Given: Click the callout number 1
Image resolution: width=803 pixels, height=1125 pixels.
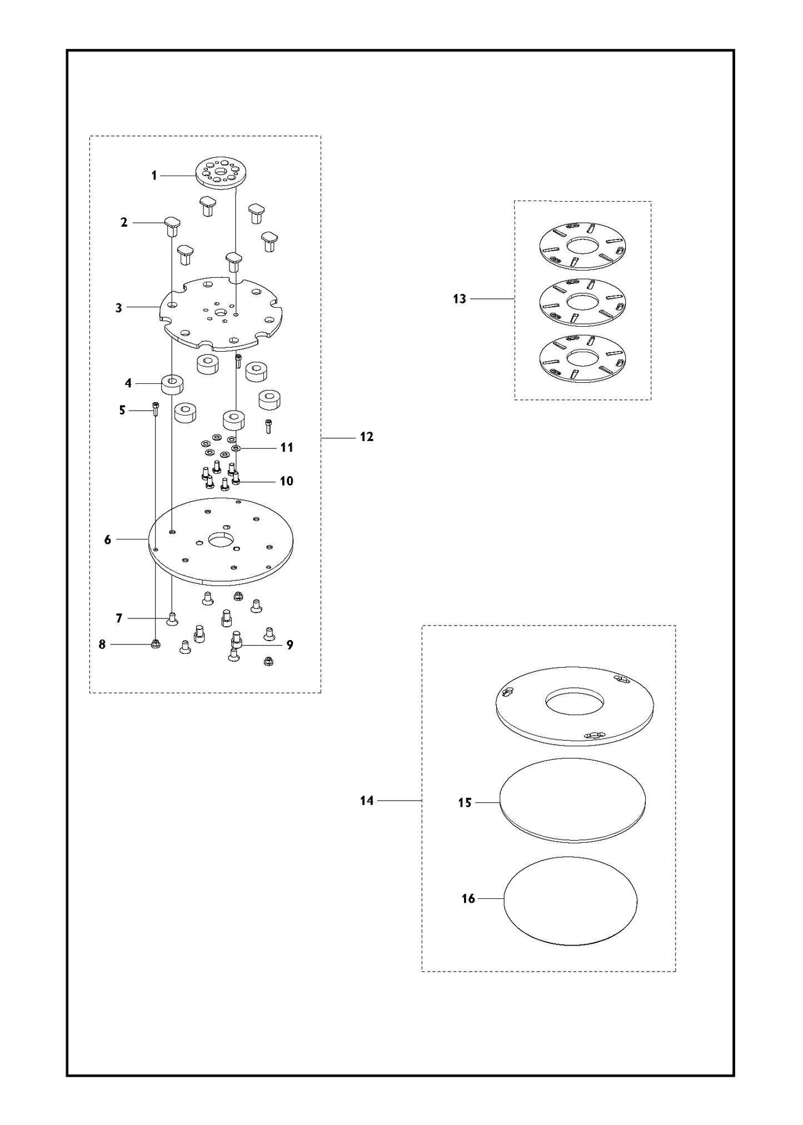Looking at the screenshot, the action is pyautogui.click(x=154, y=176).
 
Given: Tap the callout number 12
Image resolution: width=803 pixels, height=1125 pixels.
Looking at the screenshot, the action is pyautogui.click(x=366, y=437).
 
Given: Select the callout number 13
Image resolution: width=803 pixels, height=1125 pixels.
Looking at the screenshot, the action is pyautogui.click(x=460, y=299).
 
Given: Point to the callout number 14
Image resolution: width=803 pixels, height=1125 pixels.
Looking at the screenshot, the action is pyautogui.click(x=367, y=801).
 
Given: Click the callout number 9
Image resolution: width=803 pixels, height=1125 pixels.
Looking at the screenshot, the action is pyautogui.click(x=290, y=644).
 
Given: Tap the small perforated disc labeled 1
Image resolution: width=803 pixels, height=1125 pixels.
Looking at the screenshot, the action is pyautogui.click(x=221, y=174).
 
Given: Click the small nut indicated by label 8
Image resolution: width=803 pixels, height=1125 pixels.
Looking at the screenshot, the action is pyautogui.click(x=156, y=644).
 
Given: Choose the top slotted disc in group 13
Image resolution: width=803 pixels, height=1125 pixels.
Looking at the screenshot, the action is pyautogui.click(x=583, y=246).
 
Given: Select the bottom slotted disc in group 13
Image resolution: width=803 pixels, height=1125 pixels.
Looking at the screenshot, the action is pyautogui.click(x=583, y=359).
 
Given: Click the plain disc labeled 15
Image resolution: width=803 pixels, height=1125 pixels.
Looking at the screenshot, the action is pyautogui.click(x=573, y=800).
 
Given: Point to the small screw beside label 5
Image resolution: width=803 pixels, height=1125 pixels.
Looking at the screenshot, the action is pyautogui.click(x=156, y=409).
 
